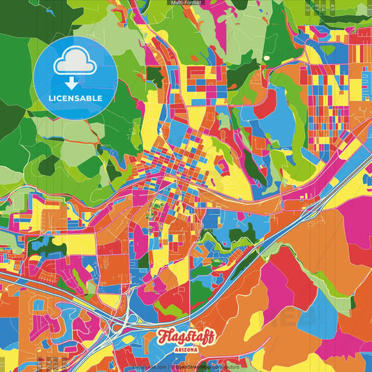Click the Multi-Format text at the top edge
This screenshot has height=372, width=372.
186,3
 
